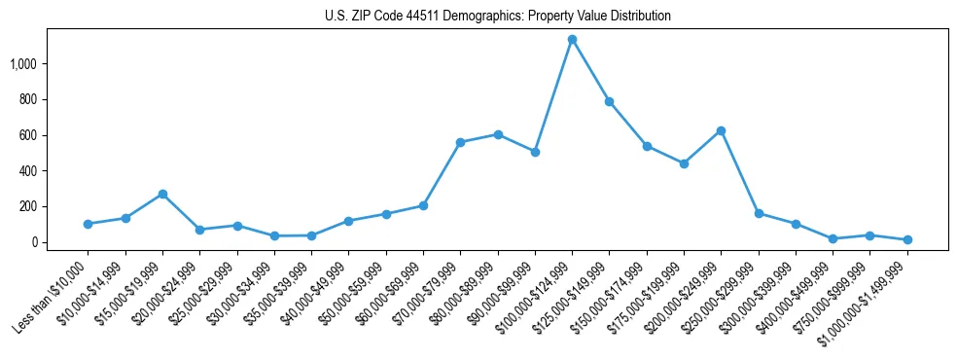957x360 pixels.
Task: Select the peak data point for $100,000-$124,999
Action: click(x=572, y=40)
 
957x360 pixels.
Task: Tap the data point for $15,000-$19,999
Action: click(x=162, y=194)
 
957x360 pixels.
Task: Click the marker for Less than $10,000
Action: click(x=88, y=224)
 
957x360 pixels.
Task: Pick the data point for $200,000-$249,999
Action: click(x=721, y=130)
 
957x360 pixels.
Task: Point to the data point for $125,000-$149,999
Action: click(x=609, y=101)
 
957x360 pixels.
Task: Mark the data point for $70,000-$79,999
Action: click(x=460, y=142)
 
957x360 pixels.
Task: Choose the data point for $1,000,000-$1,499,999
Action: click(x=906, y=239)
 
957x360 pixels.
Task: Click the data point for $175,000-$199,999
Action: click(x=684, y=163)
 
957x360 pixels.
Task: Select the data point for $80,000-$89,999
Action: click(x=497, y=134)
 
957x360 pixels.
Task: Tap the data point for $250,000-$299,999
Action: click(x=758, y=213)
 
